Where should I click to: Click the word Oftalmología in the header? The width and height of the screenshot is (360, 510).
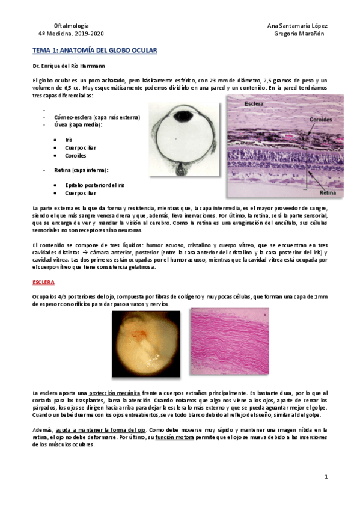tap(72, 26)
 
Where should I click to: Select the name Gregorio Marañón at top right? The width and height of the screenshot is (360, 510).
tap(299, 34)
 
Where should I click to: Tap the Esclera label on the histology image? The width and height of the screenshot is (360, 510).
tap(255, 104)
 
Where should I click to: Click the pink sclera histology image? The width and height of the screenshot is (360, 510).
tap(230, 340)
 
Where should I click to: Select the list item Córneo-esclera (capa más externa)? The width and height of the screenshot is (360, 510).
tap(97, 118)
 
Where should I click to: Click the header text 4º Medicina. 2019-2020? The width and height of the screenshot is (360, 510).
tap(71, 34)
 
